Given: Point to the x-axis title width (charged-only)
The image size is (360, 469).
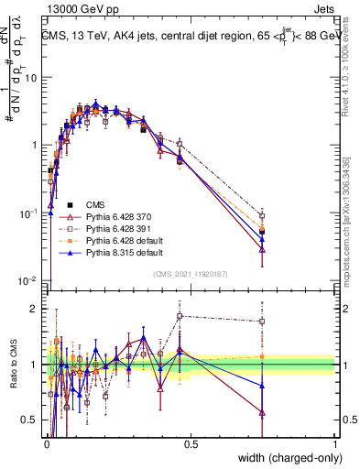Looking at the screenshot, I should (287, 456).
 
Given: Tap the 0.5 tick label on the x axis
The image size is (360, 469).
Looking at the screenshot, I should (191, 442).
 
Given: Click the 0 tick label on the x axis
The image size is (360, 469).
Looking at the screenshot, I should (47, 442).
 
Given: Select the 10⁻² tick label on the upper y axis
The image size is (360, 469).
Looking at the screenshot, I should (29, 280).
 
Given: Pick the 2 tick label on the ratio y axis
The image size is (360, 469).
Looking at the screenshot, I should (35, 309).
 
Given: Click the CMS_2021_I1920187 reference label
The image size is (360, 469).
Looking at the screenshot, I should (191, 273).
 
